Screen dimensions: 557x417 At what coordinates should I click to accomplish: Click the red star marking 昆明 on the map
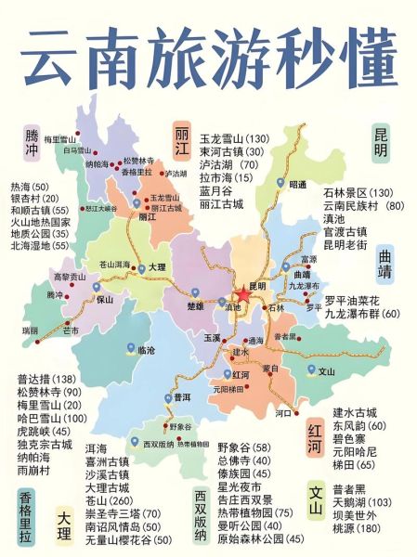pos(243,294)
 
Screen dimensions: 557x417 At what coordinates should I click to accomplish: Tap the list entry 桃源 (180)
pos(354,528)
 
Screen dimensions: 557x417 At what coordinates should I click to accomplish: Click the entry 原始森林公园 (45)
pos(260,538)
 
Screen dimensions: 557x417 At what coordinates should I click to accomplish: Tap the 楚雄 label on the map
pos(194,304)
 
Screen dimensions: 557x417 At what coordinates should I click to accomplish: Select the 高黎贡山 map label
pos(69,277)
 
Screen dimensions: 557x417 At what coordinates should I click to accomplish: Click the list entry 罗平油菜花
pos(349,300)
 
